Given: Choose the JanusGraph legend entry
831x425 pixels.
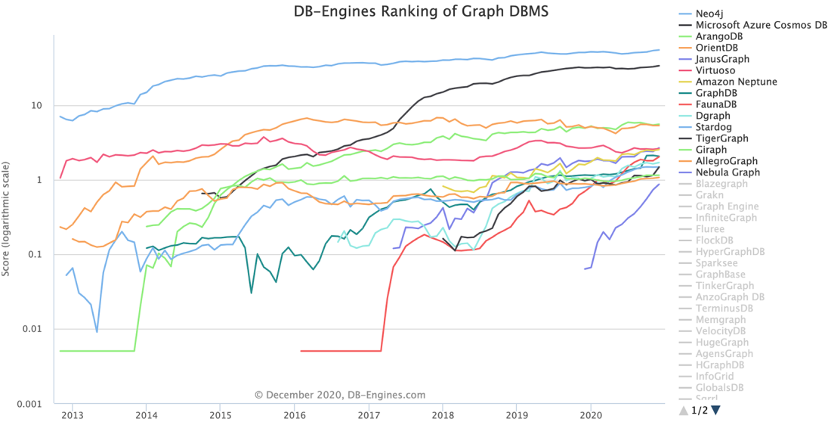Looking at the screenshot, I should pos(723,59).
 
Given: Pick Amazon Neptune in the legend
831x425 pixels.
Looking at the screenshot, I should pos(737,82).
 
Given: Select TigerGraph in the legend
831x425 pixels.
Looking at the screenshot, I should pos(722,138).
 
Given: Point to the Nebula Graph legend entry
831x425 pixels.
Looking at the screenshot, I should pos(728,172).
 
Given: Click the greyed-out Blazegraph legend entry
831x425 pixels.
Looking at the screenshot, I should pos(723,184).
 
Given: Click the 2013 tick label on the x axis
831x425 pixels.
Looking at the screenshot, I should pos(72,414).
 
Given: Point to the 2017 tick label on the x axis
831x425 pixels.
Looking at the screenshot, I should pos(369,414).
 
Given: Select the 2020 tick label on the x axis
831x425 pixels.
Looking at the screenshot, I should pos(591,414).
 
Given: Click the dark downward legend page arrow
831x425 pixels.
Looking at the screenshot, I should pos(716,410).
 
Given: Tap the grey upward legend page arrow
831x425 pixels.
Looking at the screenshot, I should pos(684,410).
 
